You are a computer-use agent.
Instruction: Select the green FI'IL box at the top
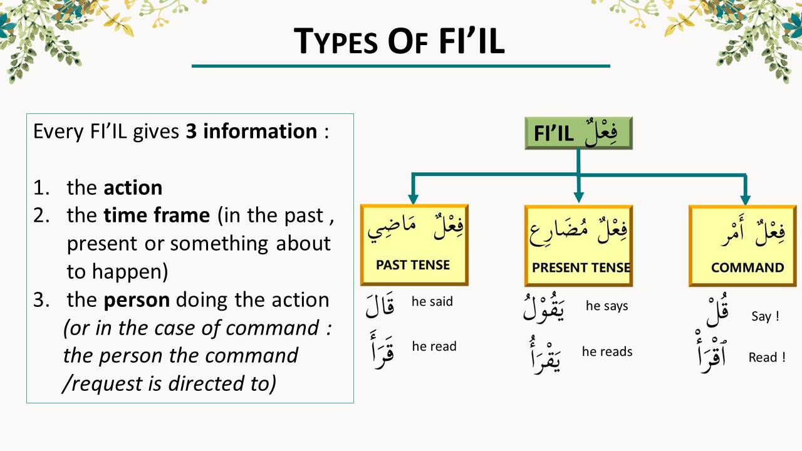coord(578,133)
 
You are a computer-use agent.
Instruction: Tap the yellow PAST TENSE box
coord(414,244)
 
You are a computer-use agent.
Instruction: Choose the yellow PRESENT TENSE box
coord(578,245)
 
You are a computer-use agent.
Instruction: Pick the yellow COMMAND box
coord(746,246)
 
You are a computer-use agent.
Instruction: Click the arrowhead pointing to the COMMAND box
coord(745,199)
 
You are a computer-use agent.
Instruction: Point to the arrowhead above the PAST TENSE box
coord(413,199)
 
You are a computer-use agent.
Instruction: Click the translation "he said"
coord(432,301)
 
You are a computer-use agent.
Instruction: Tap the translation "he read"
coord(434,346)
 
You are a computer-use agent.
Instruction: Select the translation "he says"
coord(607,306)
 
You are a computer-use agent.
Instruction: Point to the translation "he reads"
coord(607,351)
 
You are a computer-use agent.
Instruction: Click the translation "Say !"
coord(765,316)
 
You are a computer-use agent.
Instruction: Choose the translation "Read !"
coord(767,358)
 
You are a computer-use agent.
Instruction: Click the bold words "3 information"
coord(251,132)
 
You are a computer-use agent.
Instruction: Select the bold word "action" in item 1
coord(133,187)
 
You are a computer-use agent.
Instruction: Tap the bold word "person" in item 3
coord(137,299)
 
